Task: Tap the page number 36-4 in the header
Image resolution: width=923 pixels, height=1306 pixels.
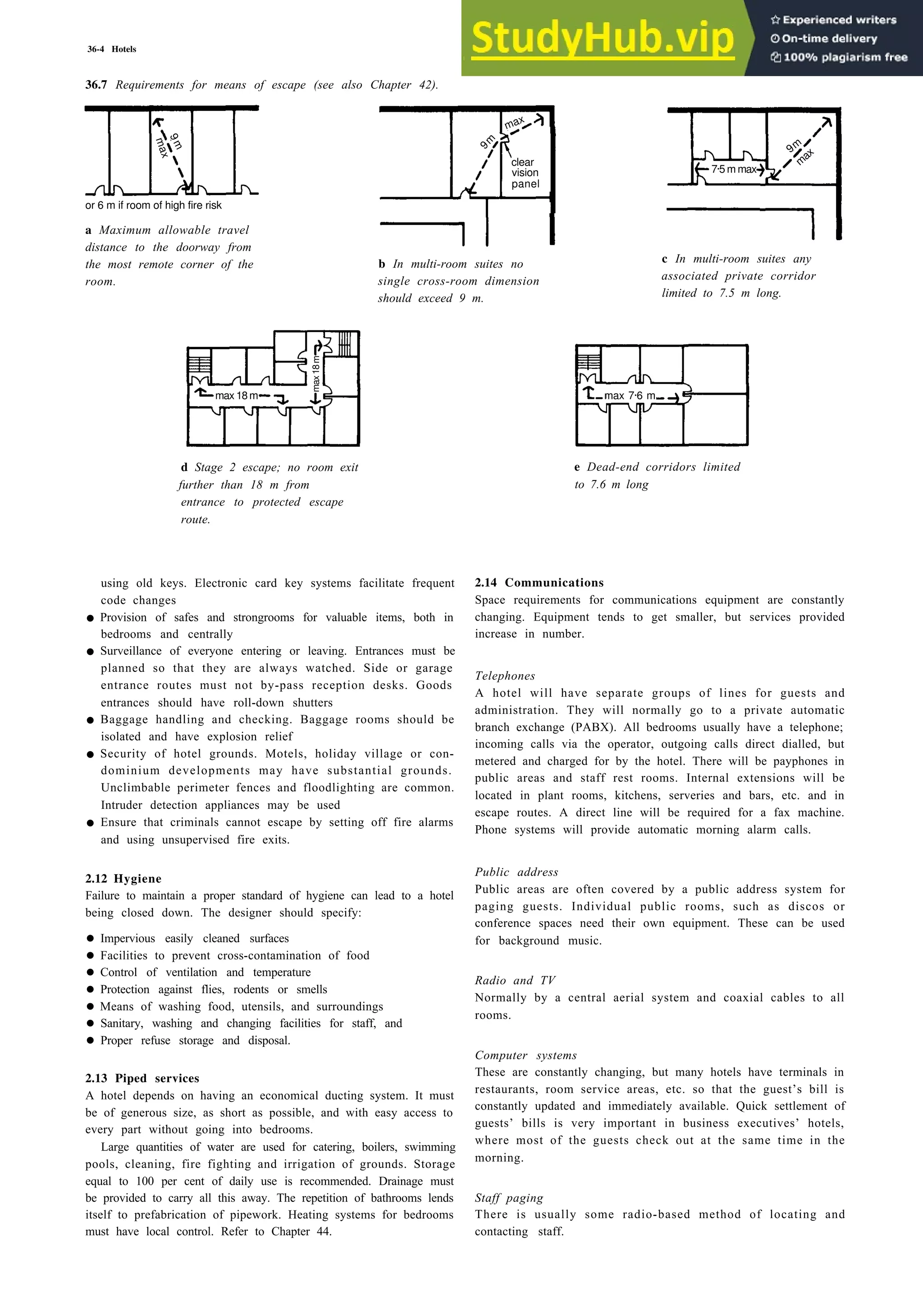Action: (x=96, y=50)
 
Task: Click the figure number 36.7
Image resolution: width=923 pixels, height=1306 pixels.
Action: (x=96, y=85)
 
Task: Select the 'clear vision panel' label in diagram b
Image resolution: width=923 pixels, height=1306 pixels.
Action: (x=524, y=173)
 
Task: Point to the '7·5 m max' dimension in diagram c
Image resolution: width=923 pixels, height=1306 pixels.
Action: (x=734, y=169)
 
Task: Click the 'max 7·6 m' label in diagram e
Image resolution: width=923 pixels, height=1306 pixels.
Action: (x=630, y=396)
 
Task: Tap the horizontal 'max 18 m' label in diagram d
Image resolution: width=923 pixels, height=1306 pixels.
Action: (x=236, y=396)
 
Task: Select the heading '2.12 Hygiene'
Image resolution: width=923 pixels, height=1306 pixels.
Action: (x=123, y=879)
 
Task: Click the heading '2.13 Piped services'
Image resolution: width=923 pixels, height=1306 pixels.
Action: (x=142, y=1078)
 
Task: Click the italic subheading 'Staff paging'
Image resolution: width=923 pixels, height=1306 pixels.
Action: (x=509, y=1198)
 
